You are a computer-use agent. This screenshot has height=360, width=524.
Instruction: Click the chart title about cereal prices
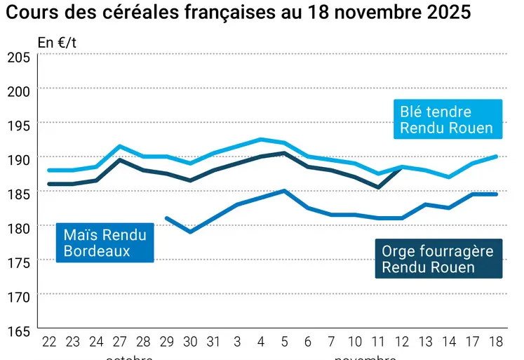(238, 13)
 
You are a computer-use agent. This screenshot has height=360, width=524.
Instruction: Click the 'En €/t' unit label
(57, 42)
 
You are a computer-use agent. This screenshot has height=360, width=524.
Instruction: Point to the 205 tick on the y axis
(18, 57)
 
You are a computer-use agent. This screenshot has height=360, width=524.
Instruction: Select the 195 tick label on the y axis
(18, 125)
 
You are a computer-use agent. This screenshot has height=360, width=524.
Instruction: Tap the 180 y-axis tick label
(18, 227)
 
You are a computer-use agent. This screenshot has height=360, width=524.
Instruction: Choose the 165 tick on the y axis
(18, 330)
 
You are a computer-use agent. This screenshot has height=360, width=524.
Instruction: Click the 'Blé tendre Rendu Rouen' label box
(446, 119)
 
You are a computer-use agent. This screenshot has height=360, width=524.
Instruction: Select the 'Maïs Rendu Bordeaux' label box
(105, 243)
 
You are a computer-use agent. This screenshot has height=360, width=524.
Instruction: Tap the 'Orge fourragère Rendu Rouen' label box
(438, 259)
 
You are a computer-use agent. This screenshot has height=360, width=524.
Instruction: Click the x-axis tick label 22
(49, 341)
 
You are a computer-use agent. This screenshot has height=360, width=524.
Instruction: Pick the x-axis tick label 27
(120, 341)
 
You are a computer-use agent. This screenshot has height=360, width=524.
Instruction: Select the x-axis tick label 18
(497, 341)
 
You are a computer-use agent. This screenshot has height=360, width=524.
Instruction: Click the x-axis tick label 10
(355, 341)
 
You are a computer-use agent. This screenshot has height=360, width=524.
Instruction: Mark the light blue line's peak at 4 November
(261, 139)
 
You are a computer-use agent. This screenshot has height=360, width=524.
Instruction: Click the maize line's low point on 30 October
(190, 232)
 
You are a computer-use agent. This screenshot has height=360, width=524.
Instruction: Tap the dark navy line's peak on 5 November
(284, 153)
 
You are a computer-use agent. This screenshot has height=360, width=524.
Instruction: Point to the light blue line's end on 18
(497, 156)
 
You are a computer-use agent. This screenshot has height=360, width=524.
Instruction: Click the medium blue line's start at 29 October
(167, 218)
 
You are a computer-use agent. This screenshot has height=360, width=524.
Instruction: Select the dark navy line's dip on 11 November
(379, 187)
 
